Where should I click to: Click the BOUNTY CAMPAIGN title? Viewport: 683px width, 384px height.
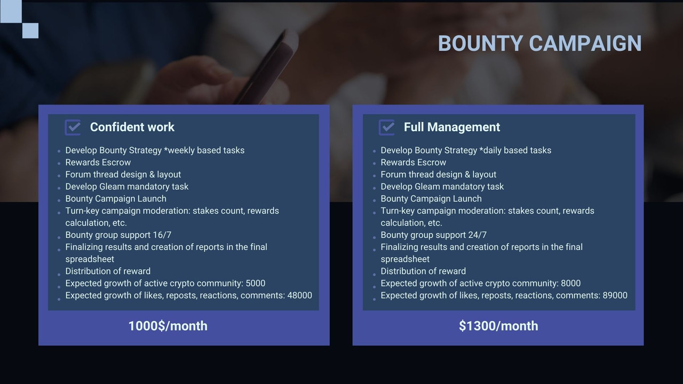coord(539,43)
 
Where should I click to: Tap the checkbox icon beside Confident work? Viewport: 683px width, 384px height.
coord(73,127)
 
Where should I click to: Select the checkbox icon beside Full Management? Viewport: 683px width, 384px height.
coord(387,127)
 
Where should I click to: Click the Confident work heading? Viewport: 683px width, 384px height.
coord(132,127)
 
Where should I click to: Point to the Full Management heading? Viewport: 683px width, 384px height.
coord(452,127)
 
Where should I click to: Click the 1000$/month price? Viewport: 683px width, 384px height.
coord(168,326)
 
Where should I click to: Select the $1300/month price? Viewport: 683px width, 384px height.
coord(498,326)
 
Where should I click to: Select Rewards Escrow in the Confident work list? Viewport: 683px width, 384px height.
coord(98,163)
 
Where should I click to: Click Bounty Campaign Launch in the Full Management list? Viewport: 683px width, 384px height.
coord(431,199)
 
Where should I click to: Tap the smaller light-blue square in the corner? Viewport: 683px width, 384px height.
coord(30,30)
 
